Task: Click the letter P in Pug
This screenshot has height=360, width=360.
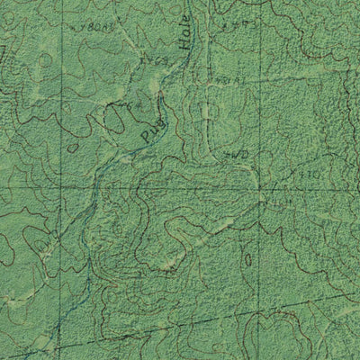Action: (146, 140)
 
